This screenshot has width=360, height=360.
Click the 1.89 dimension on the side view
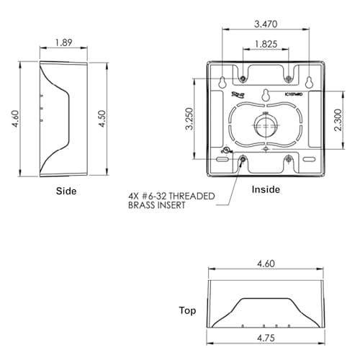pyautogui.click(x=63, y=42)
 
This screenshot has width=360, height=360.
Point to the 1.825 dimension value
pyautogui.click(x=266, y=45)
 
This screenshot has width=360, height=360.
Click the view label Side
pyautogui.click(x=66, y=192)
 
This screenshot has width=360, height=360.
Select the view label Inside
pyautogui.click(x=265, y=189)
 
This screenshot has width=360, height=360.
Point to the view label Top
pyautogui.click(x=187, y=311)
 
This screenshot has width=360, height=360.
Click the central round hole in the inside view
pyautogui.click(x=266, y=127)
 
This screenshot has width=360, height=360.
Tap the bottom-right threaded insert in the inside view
pyautogui.click(x=288, y=159)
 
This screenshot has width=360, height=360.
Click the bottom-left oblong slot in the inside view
pyautogui.click(x=221, y=159)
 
